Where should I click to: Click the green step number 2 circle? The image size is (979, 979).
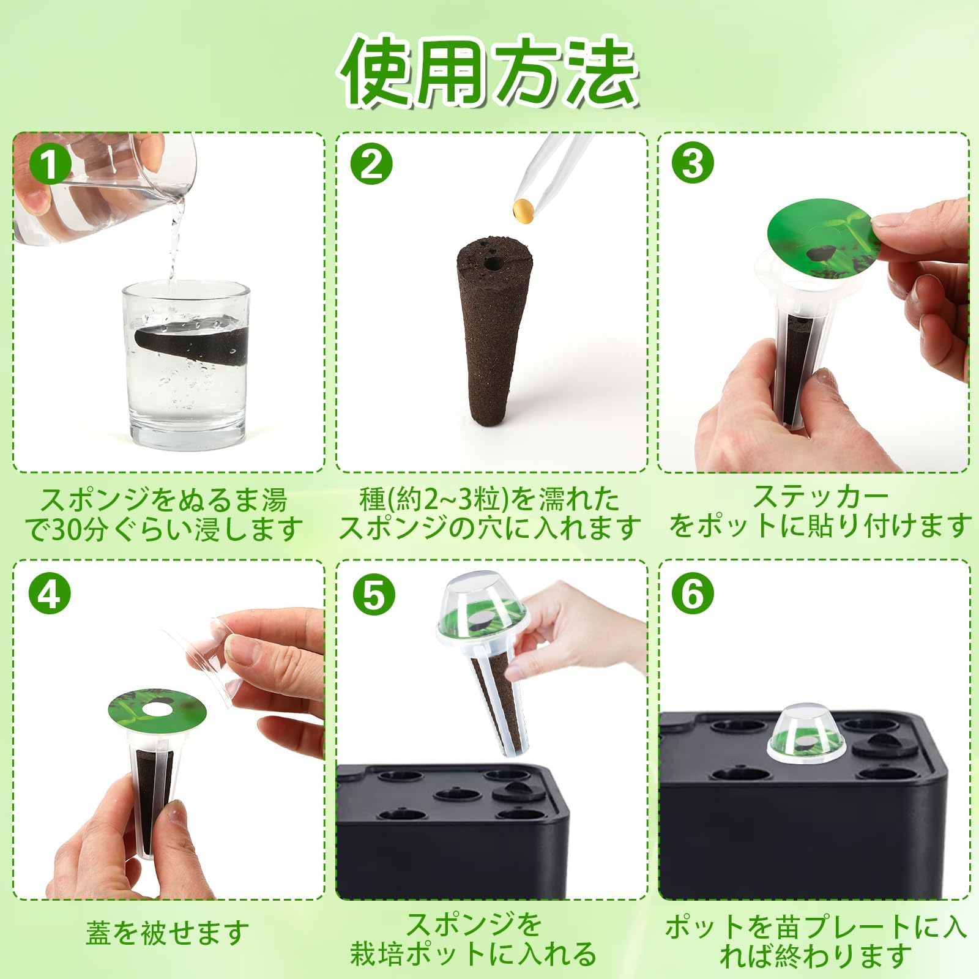pos(371,163)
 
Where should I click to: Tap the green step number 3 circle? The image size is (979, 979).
pos(692,163)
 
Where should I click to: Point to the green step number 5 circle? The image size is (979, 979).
pos(371,592)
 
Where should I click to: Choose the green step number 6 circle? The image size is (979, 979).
pos(692,592)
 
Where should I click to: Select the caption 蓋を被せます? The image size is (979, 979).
pos(168,932)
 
